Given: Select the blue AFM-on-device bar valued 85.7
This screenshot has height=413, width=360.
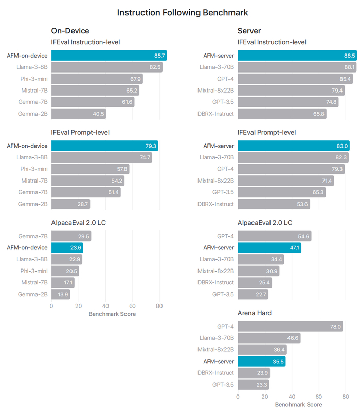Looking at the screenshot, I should [x=109, y=56].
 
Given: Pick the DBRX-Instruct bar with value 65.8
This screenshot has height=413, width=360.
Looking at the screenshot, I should [x=282, y=114].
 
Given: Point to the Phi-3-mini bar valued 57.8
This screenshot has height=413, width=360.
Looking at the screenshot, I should [x=90, y=169].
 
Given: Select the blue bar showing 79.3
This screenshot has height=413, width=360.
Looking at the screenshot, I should [x=104, y=146].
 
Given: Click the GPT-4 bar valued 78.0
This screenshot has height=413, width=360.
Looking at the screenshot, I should [x=290, y=327].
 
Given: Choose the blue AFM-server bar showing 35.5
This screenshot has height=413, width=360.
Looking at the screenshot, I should [x=261, y=362].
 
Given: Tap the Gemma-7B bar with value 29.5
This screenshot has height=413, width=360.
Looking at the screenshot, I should [x=71, y=237].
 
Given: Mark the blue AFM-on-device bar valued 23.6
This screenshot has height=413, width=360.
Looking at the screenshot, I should [x=67, y=248].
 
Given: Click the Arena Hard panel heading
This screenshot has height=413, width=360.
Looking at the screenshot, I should [x=254, y=313].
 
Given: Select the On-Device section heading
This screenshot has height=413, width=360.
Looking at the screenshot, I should [x=70, y=31].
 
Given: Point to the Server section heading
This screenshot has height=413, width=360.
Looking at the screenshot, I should [x=249, y=31].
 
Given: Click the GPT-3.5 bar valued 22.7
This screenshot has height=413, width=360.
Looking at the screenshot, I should [x=253, y=295].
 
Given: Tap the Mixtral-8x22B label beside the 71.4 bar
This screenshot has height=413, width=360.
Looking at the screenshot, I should [x=216, y=181].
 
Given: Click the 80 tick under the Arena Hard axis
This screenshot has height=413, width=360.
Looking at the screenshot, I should [x=346, y=397].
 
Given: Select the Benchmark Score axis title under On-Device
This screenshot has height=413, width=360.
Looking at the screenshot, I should [x=112, y=314].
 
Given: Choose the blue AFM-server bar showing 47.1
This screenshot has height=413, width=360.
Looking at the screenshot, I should [x=269, y=248].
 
